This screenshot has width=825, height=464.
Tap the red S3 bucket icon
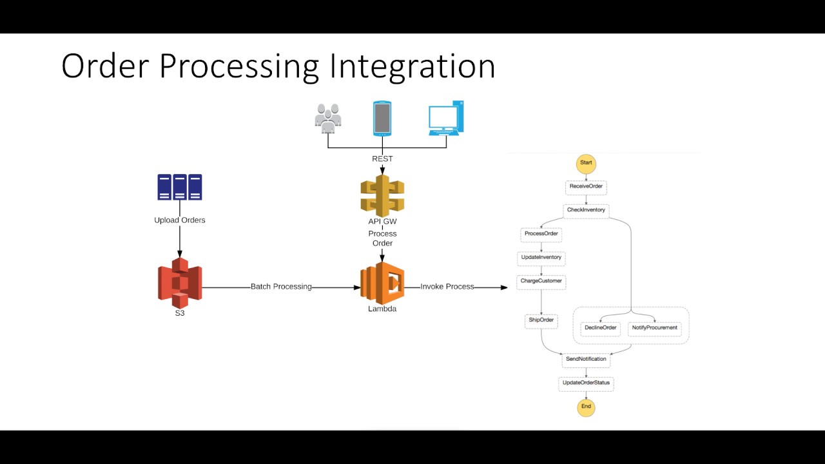[180, 282]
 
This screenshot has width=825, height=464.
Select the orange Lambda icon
[382, 283]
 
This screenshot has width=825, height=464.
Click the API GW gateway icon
[382, 196]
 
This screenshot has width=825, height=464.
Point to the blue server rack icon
[180, 187]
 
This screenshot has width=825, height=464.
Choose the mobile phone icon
[382, 118]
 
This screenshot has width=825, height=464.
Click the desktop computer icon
[446, 118]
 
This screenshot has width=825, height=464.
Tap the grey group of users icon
[328, 119]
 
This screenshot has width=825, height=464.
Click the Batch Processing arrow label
[281, 287]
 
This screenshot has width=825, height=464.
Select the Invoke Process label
[447, 287]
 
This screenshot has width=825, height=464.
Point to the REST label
[382, 159]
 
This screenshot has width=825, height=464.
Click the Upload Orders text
[180, 220]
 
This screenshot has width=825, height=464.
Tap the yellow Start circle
[586, 163]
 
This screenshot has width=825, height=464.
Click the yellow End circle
[586, 407]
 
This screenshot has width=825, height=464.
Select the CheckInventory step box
[586, 211]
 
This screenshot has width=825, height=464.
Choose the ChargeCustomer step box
[541, 282]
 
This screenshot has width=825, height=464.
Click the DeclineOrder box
[600, 328]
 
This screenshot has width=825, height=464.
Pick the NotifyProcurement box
[655, 328]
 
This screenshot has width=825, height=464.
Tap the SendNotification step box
[586, 360]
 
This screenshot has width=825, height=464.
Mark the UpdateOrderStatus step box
[586, 383]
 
